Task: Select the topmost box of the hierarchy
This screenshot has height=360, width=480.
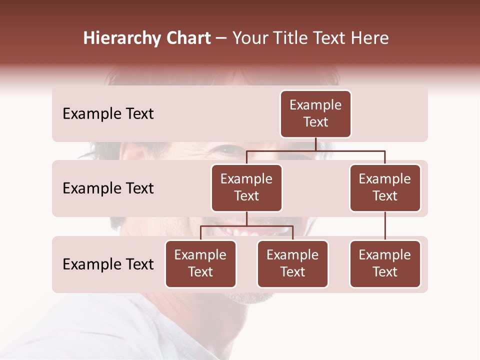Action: click(x=315, y=113)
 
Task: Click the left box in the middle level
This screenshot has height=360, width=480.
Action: click(x=246, y=187)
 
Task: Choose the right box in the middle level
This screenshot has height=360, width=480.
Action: click(x=385, y=187)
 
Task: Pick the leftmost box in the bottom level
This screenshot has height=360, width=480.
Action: click(x=200, y=263)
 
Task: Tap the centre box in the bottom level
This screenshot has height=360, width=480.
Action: click(x=292, y=263)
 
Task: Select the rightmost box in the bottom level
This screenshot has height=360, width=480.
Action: click(x=385, y=263)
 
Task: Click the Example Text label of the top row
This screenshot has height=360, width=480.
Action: click(x=108, y=114)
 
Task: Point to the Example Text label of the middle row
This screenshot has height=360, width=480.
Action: click(x=108, y=188)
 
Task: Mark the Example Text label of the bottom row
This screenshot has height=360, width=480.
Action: click(x=108, y=264)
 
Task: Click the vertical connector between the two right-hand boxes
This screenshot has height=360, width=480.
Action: click(x=385, y=226)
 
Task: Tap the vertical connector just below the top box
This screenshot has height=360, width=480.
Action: click(x=315, y=144)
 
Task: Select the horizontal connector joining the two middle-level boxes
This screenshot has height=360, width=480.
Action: click(x=315, y=150)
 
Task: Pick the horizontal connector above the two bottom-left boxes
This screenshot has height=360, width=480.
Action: click(x=246, y=226)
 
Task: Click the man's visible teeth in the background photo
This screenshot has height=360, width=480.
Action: click(x=240, y=232)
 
